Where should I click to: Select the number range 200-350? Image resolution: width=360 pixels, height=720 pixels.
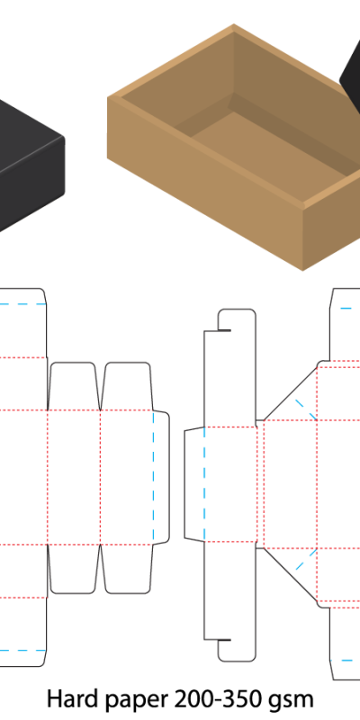220,699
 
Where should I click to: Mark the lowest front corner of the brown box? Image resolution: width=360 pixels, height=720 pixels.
302,271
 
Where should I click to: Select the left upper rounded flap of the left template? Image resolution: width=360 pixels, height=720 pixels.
74,386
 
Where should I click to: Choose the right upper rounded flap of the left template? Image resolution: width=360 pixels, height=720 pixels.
127,386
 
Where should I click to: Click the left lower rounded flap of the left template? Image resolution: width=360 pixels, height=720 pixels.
74,570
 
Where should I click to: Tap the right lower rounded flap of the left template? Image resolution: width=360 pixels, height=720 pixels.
127,570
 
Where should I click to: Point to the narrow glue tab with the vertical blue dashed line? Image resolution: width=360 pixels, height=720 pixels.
161,478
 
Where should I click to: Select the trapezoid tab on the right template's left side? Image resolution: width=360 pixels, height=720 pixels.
194,484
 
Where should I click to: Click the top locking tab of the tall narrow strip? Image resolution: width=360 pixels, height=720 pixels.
237,320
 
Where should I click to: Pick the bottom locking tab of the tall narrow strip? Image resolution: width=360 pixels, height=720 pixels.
237,651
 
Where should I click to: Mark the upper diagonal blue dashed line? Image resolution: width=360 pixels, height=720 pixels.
306,409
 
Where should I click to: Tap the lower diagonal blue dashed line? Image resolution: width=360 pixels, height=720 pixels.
306,559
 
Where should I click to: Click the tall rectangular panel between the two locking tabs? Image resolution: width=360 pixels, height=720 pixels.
229,484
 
